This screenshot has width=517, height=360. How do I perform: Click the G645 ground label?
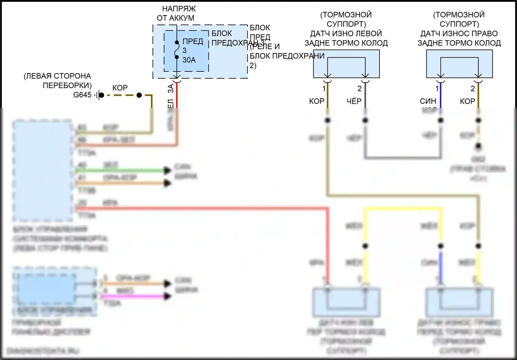pyautogui.click(x=82, y=95)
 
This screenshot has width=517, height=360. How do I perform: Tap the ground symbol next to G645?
pyautogui.click(x=99, y=95)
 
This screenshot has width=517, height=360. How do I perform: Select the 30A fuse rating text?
pyautogui.click(x=189, y=60)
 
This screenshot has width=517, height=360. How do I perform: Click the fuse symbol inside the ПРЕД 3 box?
pyautogui.click(x=177, y=50)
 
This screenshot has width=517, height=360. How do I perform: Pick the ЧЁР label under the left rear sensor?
pyautogui.click(x=354, y=101)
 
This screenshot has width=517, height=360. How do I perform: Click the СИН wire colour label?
pyautogui.click(x=428, y=101)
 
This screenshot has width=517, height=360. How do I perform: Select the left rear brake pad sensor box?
pyautogui.click(x=346, y=64)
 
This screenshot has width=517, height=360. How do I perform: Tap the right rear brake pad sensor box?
pyautogui.click(x=459, y=64)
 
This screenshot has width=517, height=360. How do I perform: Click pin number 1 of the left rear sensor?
pyautogui.click(x=324, y=89)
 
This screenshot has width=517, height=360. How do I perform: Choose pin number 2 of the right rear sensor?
pyautogui.click(x=473, y=89)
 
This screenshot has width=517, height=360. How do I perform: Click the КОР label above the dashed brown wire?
pyautogui.click(x=120, y=88)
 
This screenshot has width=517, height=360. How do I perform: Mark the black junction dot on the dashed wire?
pyautogui.click(x=139, y=95)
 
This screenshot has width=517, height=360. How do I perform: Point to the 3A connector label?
pyautogui.click(x=171, y=89)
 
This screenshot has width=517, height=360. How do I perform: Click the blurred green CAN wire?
pyautogui.click(x=121, y=170)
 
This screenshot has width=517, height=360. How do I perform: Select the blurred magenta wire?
pyautogui.click(x=134, y=296)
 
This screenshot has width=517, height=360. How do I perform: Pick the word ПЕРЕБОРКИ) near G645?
pyautogui.click(x=67, y=85)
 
